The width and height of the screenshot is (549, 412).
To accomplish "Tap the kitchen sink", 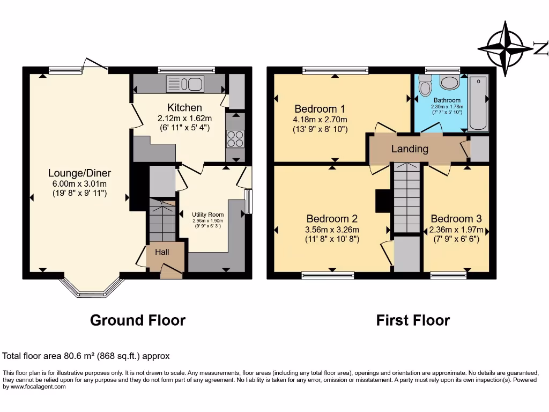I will point(184,84).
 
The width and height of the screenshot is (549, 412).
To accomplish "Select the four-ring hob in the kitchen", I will point(235,139).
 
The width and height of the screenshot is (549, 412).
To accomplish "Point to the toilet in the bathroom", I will point(426,86).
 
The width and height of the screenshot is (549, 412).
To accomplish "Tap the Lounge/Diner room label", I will point(79,173).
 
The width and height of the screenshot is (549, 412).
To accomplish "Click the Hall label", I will point(162,252).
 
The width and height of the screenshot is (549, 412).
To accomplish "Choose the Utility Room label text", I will point(208,215).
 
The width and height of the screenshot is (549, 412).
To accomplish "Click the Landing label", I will point(410,149).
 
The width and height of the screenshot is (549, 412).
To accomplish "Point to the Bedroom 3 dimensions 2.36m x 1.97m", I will point(456,230).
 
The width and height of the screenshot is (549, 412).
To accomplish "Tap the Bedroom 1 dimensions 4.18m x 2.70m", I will point(320,119).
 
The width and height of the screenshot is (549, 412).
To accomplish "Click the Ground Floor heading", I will point(138,320).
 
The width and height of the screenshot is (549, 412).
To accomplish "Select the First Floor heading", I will point(413,320).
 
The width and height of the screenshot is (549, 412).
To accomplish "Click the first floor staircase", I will point(406,198).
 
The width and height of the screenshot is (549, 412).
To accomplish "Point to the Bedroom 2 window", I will point(328,276).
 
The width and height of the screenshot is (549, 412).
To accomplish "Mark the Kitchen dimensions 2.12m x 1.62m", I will point(184,118).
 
